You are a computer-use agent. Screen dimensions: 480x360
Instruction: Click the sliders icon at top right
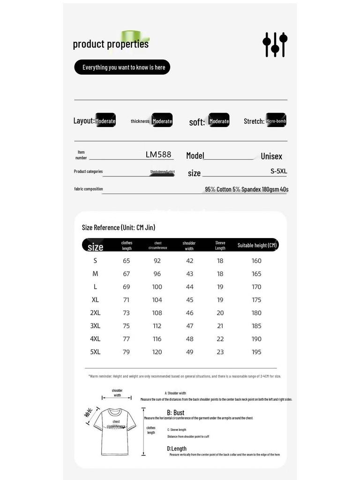(275, 45)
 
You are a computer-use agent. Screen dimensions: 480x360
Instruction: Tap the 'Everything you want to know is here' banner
(122, 67)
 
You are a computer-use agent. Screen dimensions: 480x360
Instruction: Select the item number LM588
(158, 154)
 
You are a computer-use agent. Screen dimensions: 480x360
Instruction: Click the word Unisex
(271, 156)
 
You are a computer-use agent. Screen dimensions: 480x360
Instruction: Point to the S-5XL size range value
(278, 171)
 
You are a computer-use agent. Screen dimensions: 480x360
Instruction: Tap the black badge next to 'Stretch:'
(276, 120)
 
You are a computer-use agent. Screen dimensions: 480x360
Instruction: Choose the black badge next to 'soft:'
(219, 120)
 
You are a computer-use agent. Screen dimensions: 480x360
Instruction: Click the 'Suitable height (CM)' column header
(257, 245)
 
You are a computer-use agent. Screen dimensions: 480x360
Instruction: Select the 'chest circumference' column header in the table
(157, 245)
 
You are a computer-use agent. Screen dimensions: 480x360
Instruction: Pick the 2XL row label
(95, 313)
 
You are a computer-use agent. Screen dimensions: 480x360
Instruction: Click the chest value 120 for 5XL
(157, 352)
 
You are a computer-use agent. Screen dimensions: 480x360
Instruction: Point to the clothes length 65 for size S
(126, 261)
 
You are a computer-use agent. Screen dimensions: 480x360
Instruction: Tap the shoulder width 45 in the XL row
(189, 300)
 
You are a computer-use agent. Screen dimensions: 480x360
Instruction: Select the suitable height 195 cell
(256, 352)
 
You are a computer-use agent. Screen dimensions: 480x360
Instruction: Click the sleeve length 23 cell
(220, 352)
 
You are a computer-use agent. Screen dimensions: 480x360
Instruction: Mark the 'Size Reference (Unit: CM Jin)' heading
(118, 227)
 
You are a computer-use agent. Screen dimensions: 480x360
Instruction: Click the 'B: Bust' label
(176, 412)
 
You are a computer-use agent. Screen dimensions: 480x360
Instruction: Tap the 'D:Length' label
(177, 449)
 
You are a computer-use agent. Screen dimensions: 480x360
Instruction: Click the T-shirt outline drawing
(115, 431)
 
